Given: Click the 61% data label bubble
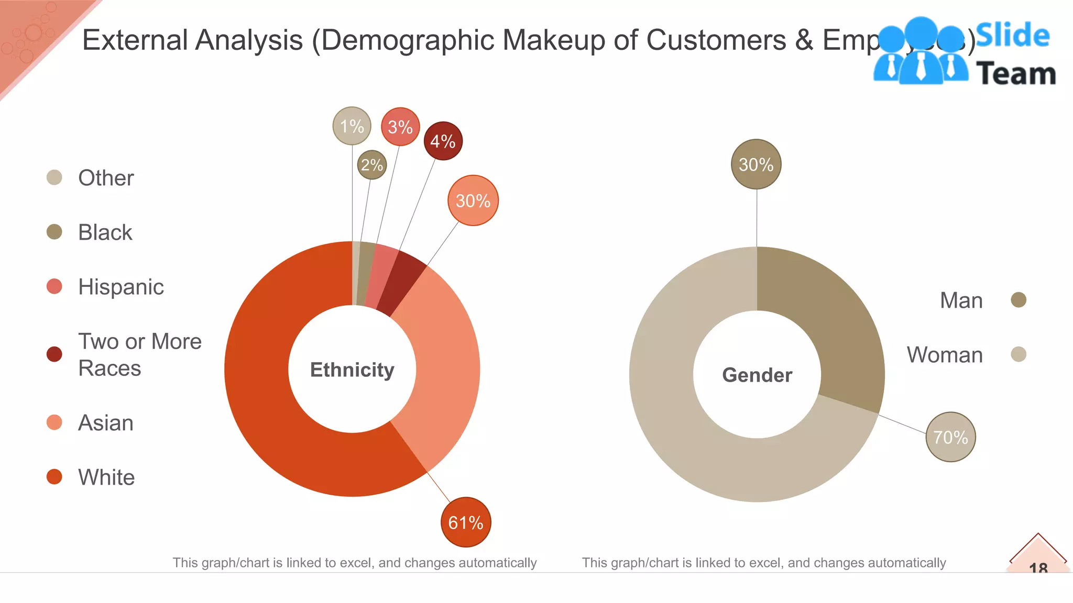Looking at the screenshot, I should (466, 522).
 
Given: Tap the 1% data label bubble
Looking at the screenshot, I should (352, 126).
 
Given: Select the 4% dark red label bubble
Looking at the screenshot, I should (443, 141).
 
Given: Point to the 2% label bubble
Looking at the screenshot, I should (372, 165).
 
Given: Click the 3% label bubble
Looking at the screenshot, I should (400, 127).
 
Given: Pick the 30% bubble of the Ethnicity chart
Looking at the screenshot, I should (473, 200).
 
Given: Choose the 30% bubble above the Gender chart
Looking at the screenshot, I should (756, 164).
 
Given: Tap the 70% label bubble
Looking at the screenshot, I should (950, 437).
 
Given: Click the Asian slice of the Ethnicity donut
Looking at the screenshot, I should (445, 366).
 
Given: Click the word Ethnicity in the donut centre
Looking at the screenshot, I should (352, 370).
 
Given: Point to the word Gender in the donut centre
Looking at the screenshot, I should (757, 375).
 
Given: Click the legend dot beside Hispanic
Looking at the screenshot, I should (54, 286).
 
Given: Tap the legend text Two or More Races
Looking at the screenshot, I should (139, 354).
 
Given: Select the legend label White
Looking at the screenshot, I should (106, 477).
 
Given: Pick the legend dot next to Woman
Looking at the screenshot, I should (1018, 354).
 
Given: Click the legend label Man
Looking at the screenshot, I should (961, 300).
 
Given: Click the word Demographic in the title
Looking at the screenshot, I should (406, 40).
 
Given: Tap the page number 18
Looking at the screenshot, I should (1038, 566).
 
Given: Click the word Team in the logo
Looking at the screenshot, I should (1015, 73).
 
